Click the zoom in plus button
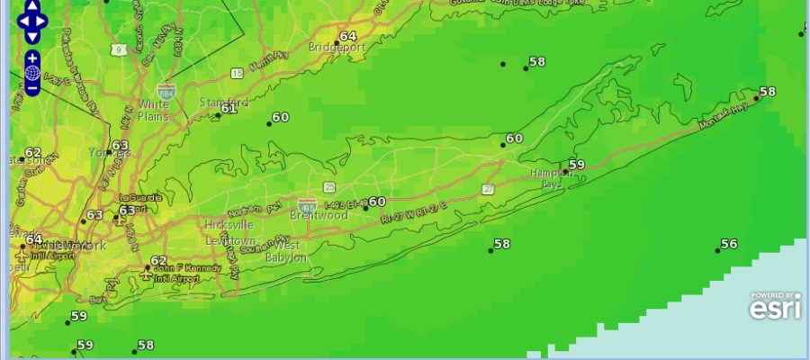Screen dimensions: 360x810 (x=32, y=58)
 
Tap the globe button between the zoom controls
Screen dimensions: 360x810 (x=32, y=73)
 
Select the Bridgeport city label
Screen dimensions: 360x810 (x=335, y=47)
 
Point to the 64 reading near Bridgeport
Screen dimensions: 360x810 (x=347, y=37)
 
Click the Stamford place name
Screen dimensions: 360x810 (x=222, y=102)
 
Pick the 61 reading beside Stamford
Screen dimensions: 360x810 (x=229, y=108)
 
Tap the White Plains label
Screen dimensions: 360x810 (x=153, y=110)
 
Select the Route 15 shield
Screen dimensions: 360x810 (x=236, y=73)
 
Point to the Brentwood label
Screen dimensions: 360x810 (x=319, y=216)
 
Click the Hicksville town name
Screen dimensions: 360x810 (x=229, y=224)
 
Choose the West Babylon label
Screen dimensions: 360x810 (x=287, y=251)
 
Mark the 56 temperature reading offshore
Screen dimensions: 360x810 (x=729, y=245)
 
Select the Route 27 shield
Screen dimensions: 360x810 (x=488, y=189)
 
